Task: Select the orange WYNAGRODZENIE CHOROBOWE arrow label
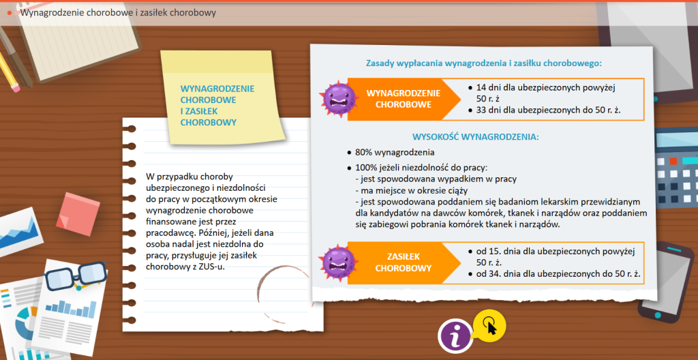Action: pos(399,100)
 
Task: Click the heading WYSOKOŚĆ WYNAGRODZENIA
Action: pos(476,136)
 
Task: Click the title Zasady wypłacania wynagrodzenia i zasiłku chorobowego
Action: pos(484,63)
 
